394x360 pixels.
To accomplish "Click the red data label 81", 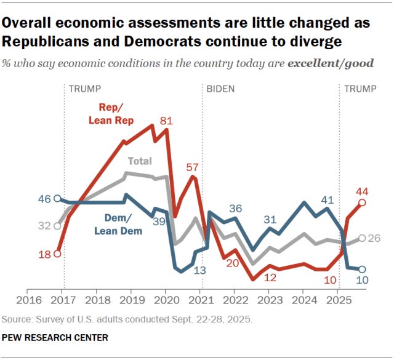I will point(166,121).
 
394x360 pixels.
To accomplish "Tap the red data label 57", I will point(193,167).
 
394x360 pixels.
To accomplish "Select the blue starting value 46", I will point(44,199).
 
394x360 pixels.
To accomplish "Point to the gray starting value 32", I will point(44,226).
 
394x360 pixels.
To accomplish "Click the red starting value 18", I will point(44,253).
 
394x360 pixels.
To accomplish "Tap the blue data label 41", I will point(327,199).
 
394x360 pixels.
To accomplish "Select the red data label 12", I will point(270,278).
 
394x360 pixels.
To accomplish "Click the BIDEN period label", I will point(220,89).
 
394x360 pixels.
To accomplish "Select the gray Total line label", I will point(139,161).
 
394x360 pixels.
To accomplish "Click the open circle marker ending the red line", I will point(363,202).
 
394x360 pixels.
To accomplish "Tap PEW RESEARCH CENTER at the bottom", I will point(55,338).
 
